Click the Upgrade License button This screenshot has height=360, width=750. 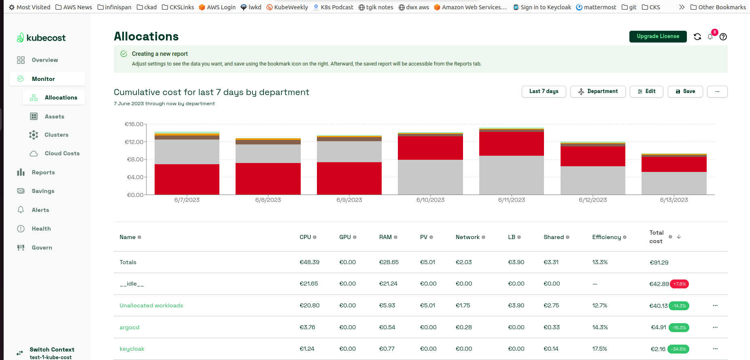(658, 36)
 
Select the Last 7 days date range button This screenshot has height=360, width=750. (544, 91)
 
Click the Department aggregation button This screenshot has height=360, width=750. (598, 91)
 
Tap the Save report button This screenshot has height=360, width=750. (685, 91)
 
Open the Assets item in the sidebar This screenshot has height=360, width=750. (54, 116)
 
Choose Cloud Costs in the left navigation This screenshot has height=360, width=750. (62, 153)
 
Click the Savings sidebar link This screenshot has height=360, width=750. (43, 191)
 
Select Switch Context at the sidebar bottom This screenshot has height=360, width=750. (52, 349)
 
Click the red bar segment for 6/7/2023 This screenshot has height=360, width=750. (187, 179)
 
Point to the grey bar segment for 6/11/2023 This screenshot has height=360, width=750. (511, 175)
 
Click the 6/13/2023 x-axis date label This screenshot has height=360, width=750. (674, 200)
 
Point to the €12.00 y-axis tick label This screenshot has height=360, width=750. (134, 142)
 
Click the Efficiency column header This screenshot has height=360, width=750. (606, 237)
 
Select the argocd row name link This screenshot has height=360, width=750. (130, 327)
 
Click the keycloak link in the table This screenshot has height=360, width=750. (132, 349)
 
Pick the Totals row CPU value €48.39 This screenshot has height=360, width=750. (309, 262)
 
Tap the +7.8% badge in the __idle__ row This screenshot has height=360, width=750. (679, 284)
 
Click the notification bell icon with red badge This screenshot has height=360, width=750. (710, 36)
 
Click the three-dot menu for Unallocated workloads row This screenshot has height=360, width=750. (715, 305)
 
